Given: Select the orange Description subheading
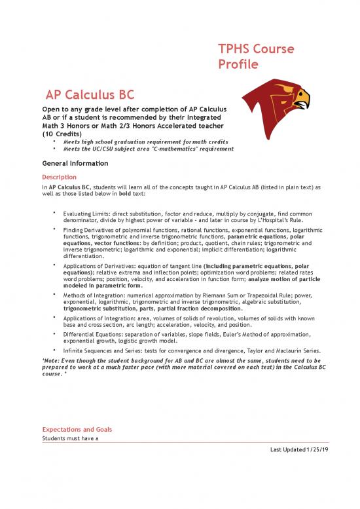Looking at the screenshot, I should pyautogui.click(x=59, y=177).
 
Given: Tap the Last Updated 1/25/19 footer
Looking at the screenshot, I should pyautogui.click(x=304, y=450).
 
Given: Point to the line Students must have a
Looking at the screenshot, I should pyautogui.click(x=70, y=438).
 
